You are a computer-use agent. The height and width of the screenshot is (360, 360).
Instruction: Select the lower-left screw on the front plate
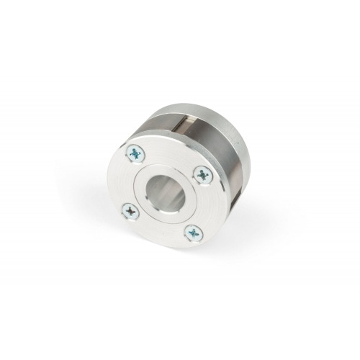(130, 211)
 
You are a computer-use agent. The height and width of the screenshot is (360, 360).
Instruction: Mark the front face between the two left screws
(125, 181)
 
